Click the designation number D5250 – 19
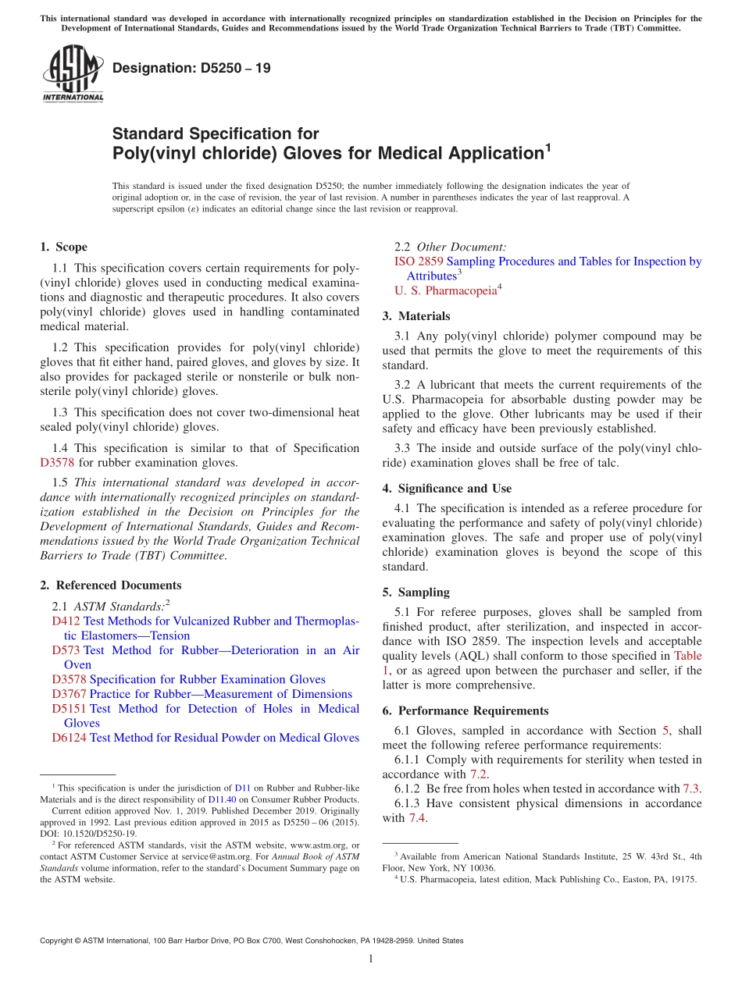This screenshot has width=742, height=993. coord(191,68)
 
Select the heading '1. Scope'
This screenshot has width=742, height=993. coord(63,247)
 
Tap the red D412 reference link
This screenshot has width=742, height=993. coord(66,621)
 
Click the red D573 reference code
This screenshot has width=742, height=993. coord(66,650)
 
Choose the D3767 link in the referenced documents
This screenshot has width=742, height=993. coord(69,694)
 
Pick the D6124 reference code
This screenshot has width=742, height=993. coord(69,738)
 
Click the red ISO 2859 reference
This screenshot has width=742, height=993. coord(419,262)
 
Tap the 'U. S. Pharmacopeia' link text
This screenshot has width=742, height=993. coord(445,291)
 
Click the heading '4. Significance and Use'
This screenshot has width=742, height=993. coord(447,489)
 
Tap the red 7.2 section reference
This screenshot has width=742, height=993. coord(478,774)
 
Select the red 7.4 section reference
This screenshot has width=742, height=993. coord(416,818)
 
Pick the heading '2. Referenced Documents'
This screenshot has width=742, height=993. coord(110,585)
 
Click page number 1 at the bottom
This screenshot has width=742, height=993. coord(371,959)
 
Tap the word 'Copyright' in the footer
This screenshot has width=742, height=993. coord(55,941)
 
